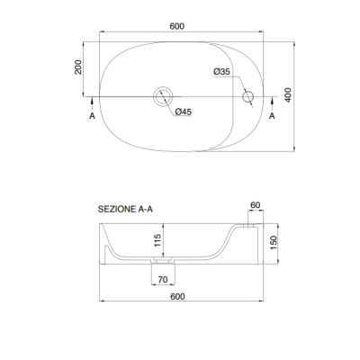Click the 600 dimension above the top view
click(x=177, y=26)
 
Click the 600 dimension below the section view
click(x=177, y=296)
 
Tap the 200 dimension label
click(x=78, y=67)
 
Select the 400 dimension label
click(x=288, y=95)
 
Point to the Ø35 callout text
click(x=221, y=72)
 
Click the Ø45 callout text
click(x=184, y=112)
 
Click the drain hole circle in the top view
click(x=163, y=96)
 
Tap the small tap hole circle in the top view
click(x=247, y=96)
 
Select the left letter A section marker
click(x=92, y=116)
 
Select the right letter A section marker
click(x=272, y=116)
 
